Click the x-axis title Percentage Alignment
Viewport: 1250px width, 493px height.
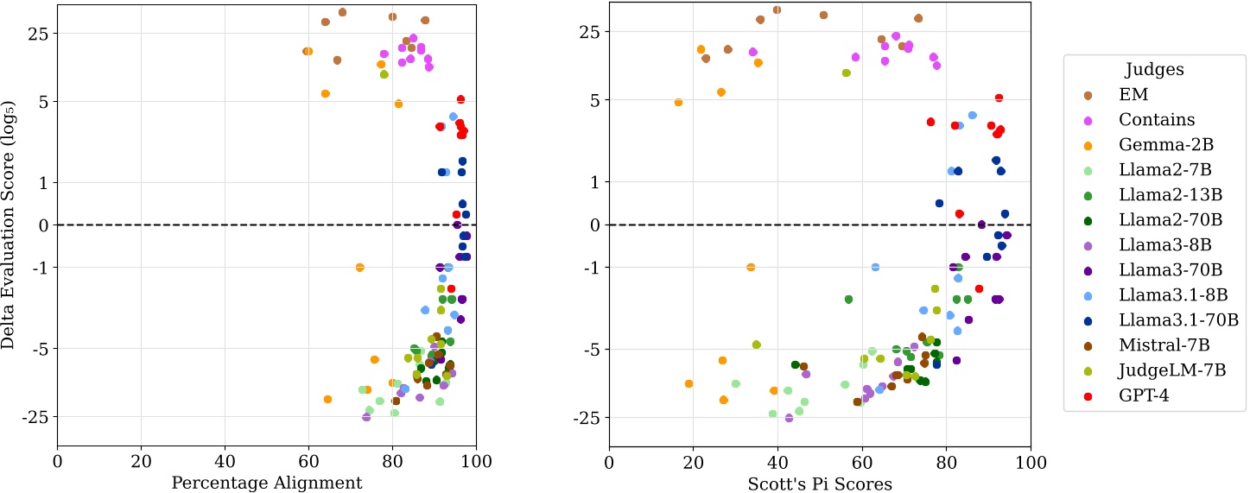click(267, 483)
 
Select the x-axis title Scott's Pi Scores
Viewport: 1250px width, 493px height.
click(820, 483)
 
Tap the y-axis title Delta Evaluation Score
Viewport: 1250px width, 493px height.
click(10, 224)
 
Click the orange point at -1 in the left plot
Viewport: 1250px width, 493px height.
click(360, 267)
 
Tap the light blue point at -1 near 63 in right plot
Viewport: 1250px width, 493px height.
click(875, 267)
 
